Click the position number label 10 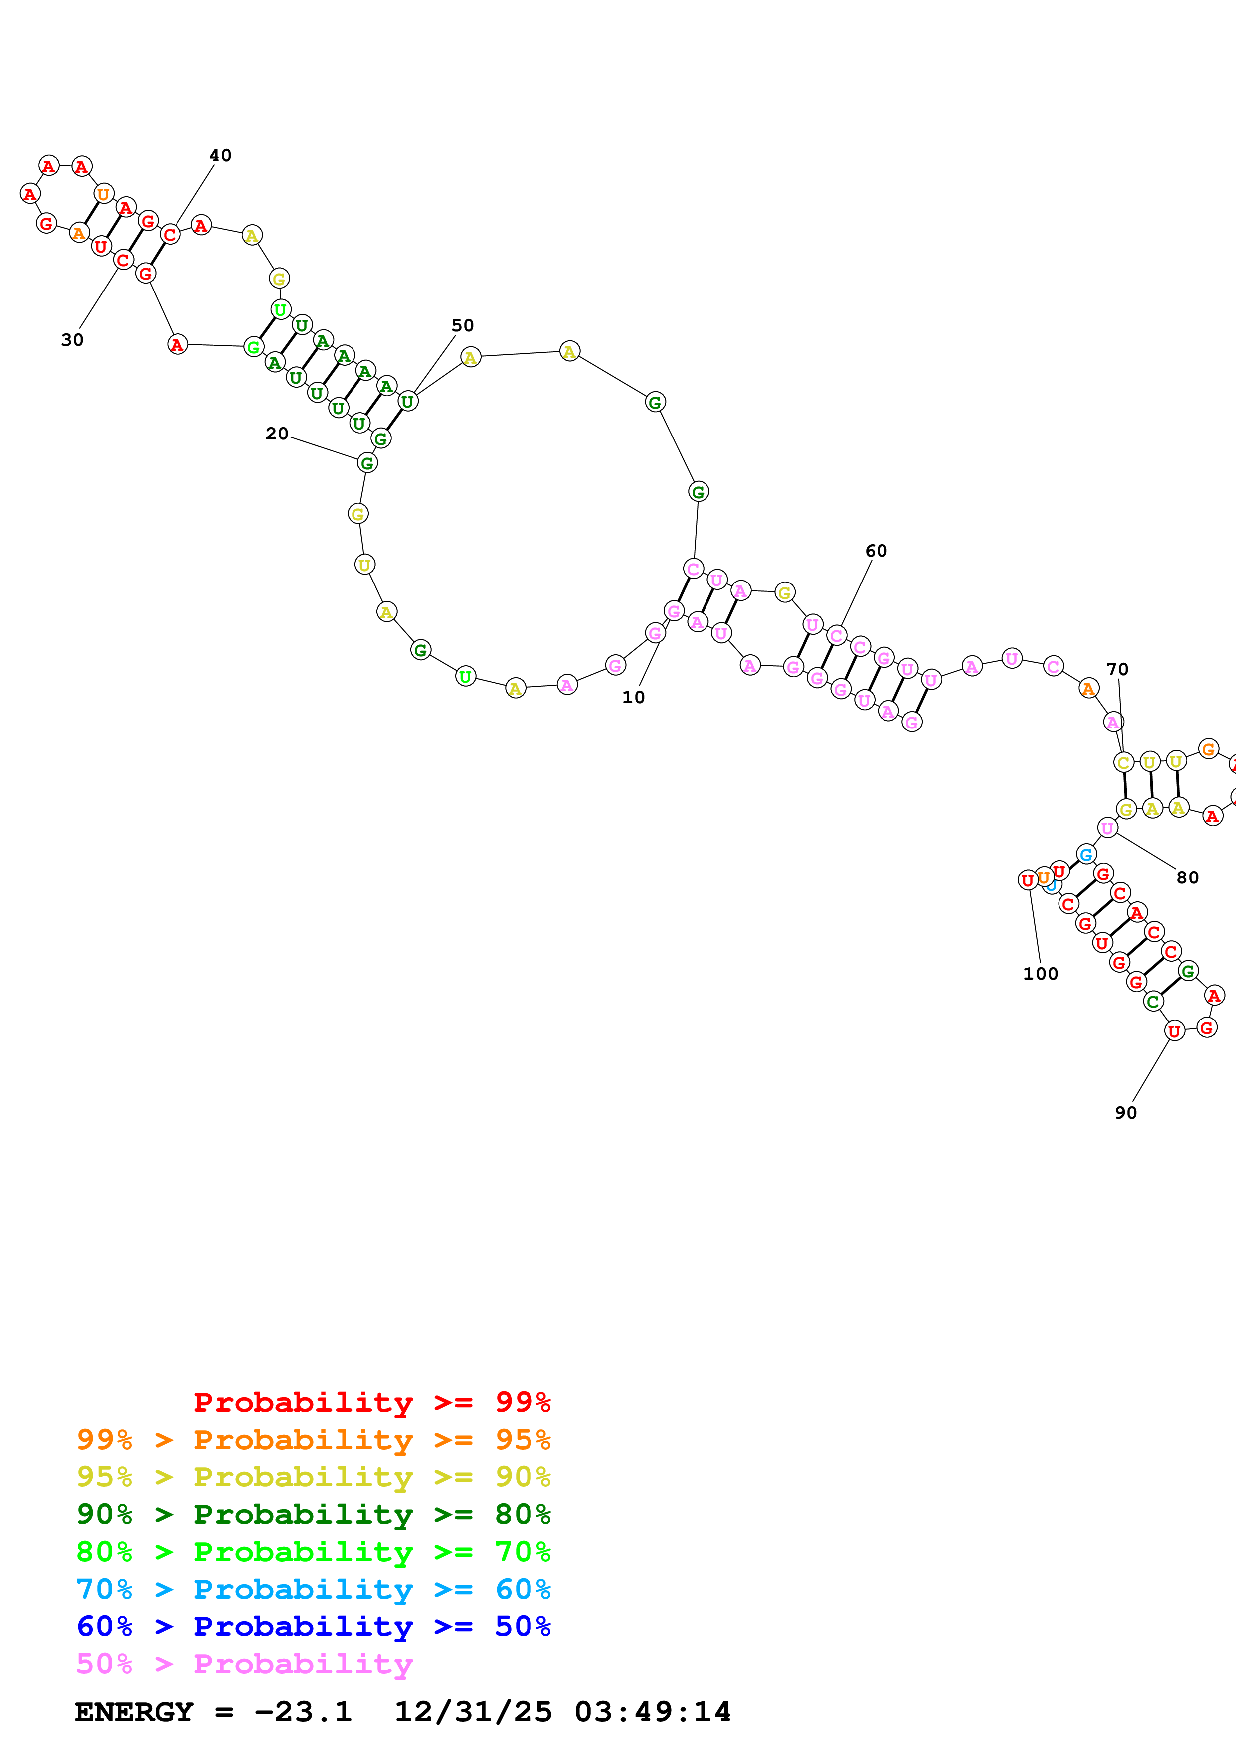coord(633,698)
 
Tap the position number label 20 coord(276,434)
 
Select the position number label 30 coord(72,340)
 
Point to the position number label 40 coord(220,156)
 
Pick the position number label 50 coord(462,326)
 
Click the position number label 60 coord(876,551)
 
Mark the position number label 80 coord(1187,878)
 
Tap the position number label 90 coord(1126,1113)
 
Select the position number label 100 coord(1040,974)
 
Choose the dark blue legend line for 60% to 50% coord(314,1627)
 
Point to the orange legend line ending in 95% coord(314,1440)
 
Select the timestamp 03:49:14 coord(653,1712)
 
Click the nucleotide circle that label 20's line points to coord(367,463)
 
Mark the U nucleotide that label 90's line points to coord(1174,1031)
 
